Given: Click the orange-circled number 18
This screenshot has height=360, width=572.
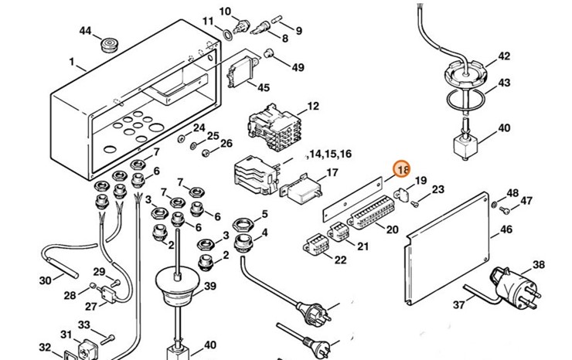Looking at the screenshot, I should tap(403, 170).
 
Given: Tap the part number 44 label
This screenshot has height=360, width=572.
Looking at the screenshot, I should tap(86, 31).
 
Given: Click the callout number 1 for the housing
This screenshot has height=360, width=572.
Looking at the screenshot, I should tap(71, 62).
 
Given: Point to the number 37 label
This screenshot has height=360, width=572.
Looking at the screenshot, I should tap(459, 305).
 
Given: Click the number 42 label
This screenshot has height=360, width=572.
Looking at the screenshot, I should tap(504, 56).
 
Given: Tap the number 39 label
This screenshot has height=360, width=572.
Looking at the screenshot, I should tap(209, 287).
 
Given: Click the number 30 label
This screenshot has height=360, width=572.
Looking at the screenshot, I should tap(45, 280).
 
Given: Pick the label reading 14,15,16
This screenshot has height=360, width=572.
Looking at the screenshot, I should tap(329, 155).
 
